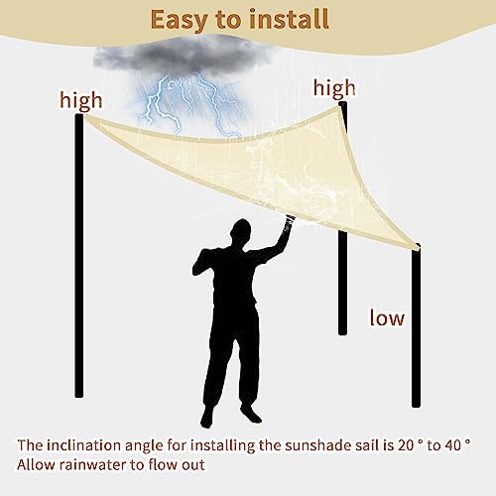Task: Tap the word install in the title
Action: (x=289, y=19)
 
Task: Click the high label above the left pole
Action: (x=81, y=100)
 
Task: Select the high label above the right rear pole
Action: (x=334, y=88)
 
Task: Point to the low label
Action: (x=387, y=317)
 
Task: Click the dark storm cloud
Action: (x=182, y=57)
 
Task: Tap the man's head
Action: (x=240, y=232)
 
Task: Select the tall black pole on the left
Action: (x=79, y=255)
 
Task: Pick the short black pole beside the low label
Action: (x=416, y=325)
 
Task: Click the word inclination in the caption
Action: (x=84, y=445)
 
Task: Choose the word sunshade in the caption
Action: (x=313, y=445)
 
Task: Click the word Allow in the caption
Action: (x=36, y=464)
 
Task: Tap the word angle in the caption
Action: (x=145, y=446)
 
